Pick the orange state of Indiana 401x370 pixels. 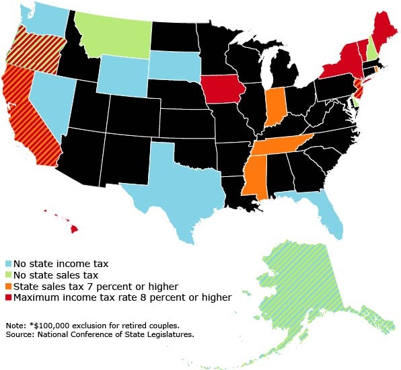[275, 104]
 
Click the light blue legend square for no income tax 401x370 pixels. [7, 264]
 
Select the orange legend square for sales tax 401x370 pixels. [7, 286]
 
